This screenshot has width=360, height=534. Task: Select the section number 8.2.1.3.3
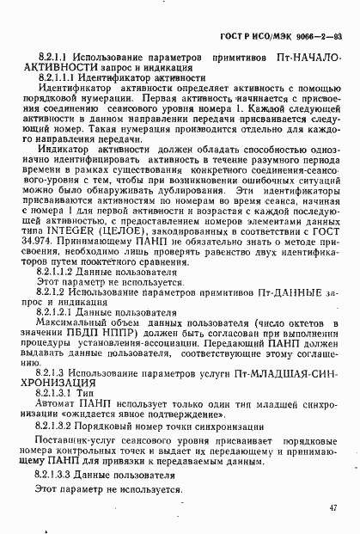pyautogui.click(x=56, y=474)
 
